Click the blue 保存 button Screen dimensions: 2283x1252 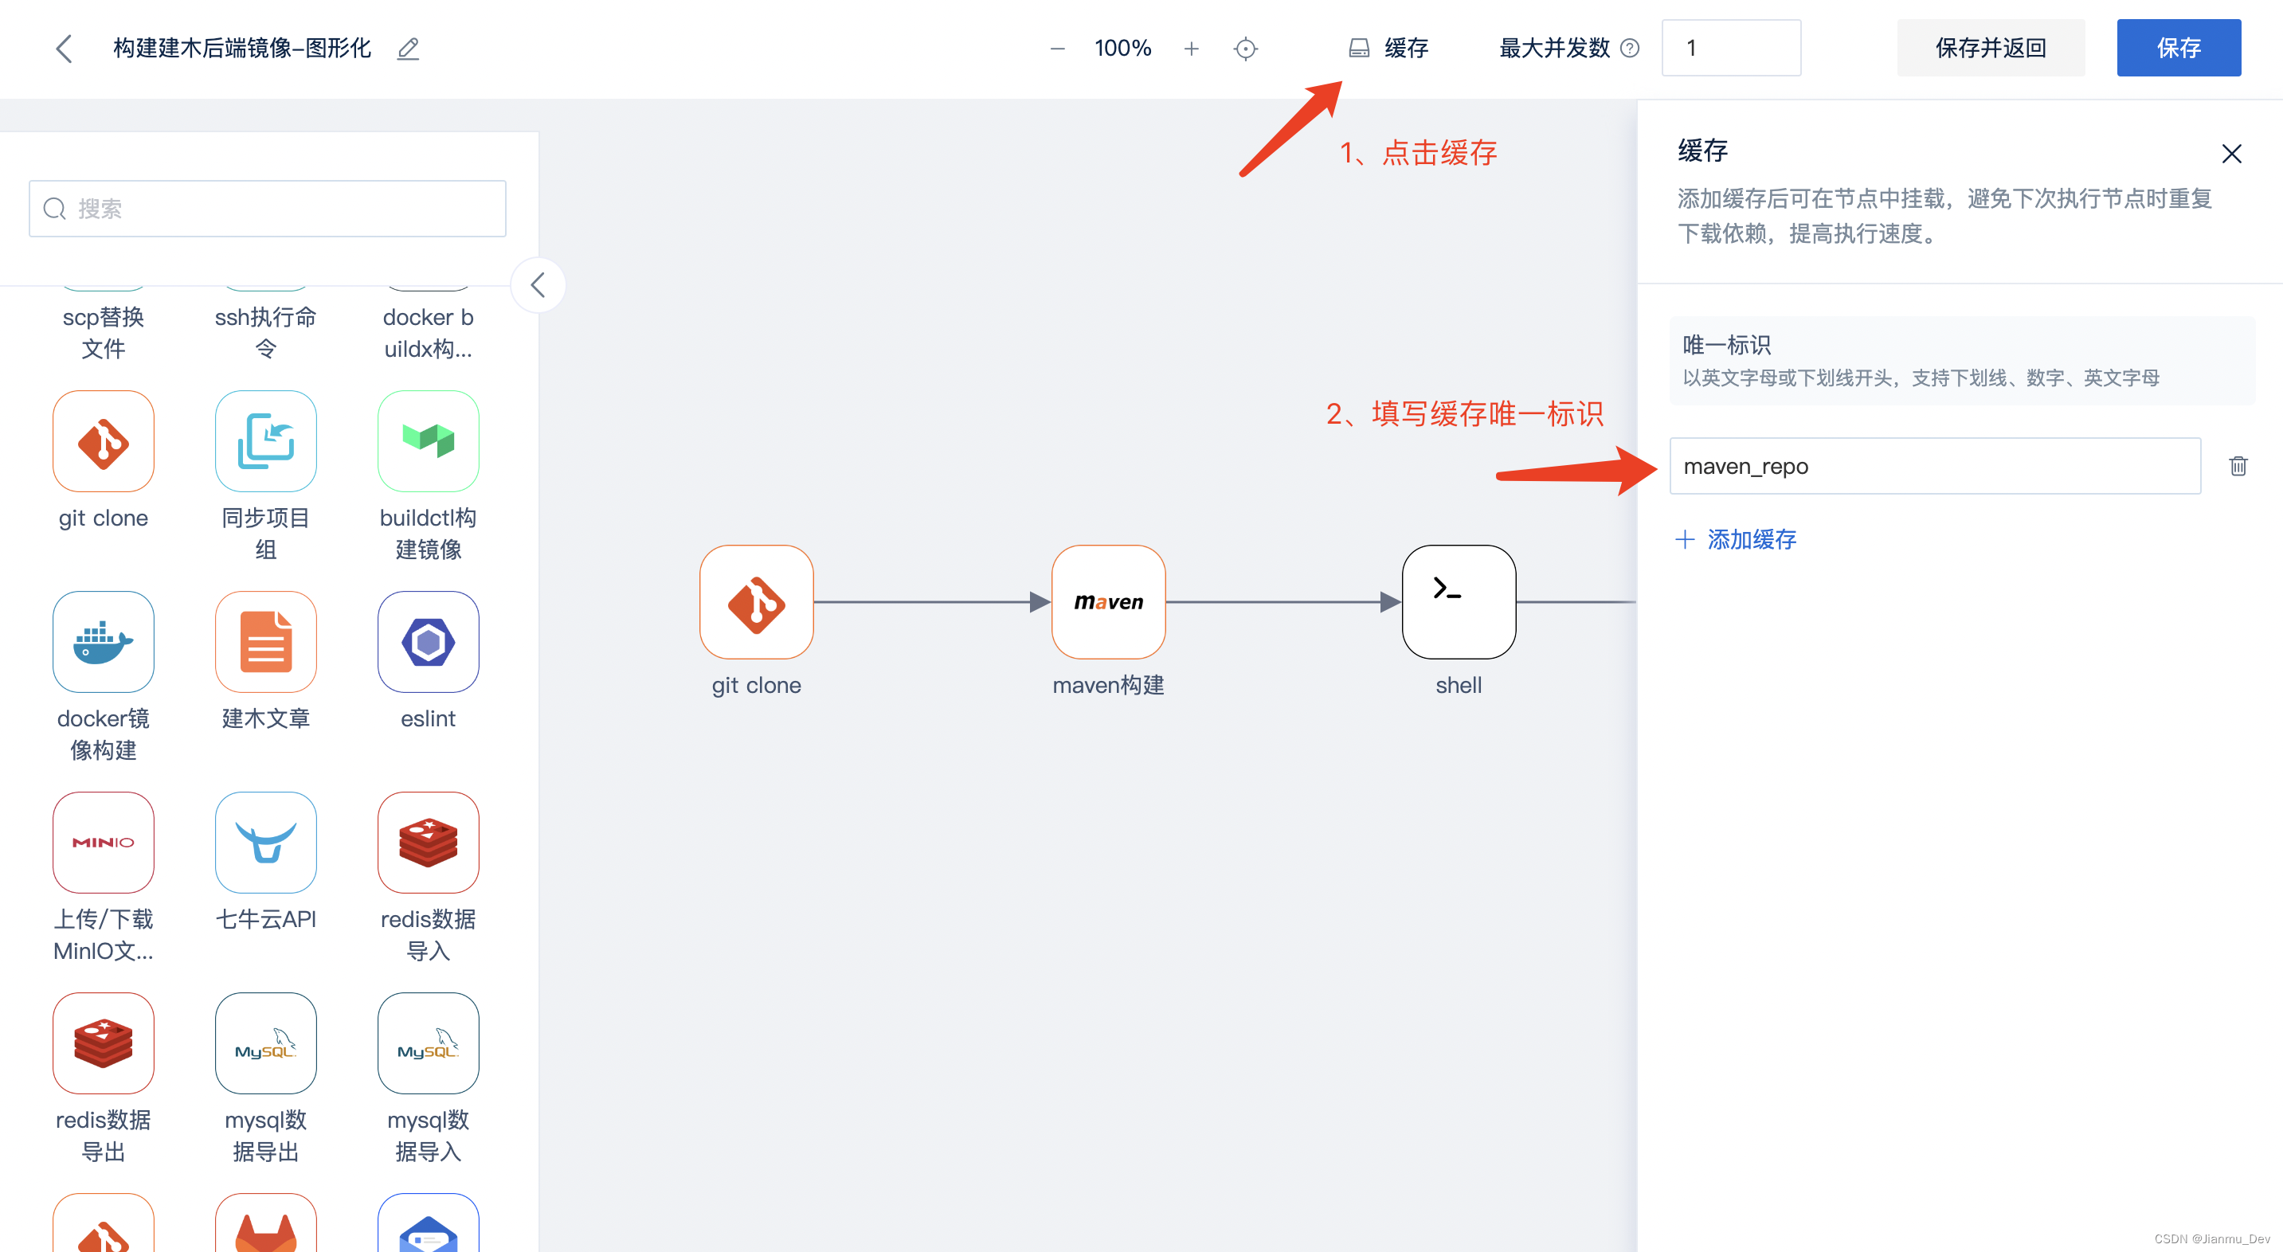[2178, 48]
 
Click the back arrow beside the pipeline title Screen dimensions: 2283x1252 [64, 49]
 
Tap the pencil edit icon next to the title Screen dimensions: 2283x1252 [408, 49]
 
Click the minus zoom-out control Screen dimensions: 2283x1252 [1056, 49]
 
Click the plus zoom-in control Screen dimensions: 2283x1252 [1191, 49]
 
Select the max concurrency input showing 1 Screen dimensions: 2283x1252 [1730, 48]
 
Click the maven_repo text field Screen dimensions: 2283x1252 [1935, 466]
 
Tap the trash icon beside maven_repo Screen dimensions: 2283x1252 [2238, 466]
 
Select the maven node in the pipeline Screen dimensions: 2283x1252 [1108, 601]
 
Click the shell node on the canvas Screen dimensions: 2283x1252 [1458, 601]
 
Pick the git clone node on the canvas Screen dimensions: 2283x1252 [756, 601]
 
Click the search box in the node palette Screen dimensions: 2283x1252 [268, 208]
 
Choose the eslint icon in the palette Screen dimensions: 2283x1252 [428, 641]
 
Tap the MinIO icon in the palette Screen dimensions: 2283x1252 [103, 842]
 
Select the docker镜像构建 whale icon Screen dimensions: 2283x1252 [103, 641]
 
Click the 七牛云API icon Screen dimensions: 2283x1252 [266, 842]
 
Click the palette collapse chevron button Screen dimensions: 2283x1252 [537, 285]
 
